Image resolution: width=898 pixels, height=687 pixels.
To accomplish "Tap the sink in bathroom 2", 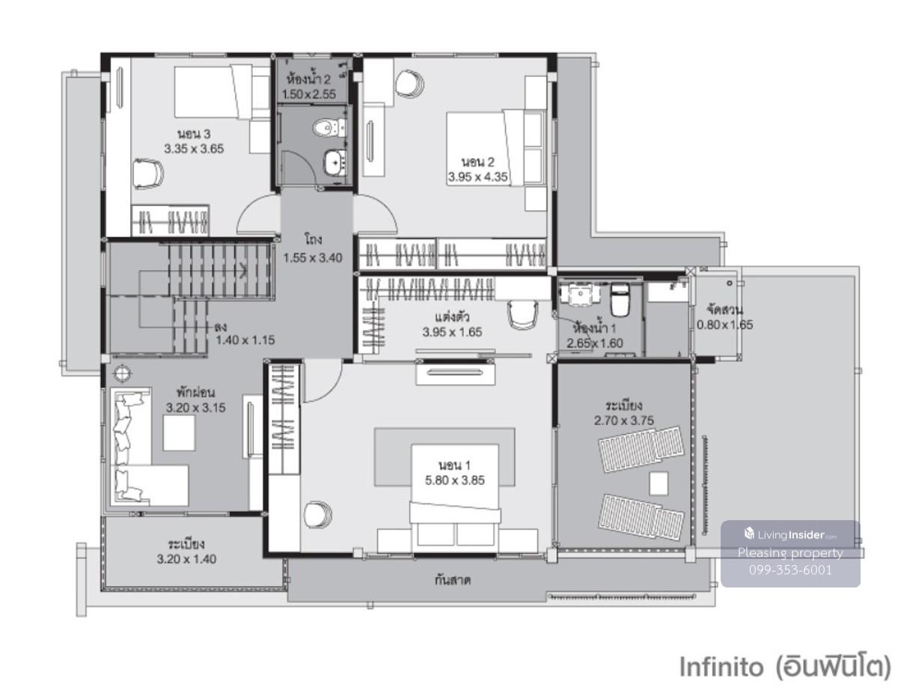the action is point(335,162).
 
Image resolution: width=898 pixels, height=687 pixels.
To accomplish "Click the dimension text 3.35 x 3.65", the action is point(194,148).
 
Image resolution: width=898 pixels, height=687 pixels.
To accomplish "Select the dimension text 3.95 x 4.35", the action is point(477,177).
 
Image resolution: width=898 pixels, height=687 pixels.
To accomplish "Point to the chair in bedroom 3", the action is point(147,174).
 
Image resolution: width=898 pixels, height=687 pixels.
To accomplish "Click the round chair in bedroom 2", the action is point(409,84).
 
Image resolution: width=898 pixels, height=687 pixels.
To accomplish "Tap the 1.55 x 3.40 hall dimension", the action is point(313,257).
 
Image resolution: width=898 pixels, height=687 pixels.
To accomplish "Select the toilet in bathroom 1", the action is point(620,300).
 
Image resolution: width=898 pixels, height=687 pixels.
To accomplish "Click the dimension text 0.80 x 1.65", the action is point(724,325).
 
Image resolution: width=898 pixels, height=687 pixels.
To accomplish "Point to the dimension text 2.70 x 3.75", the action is point(624,421).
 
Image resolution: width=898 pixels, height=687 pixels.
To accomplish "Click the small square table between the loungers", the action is point(659,483).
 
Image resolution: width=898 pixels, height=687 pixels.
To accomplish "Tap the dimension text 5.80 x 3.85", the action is point(454,480).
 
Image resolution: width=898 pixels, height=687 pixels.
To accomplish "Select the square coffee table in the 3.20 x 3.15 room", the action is point(179,433).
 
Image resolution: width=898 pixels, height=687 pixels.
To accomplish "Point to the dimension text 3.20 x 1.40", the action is point(186,558).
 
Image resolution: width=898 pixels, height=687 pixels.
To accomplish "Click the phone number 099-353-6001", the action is point(790,570).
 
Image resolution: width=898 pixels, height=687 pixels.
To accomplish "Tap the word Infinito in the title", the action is point(721,666).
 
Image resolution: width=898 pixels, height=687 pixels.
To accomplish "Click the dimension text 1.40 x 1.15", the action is point(245,340).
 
